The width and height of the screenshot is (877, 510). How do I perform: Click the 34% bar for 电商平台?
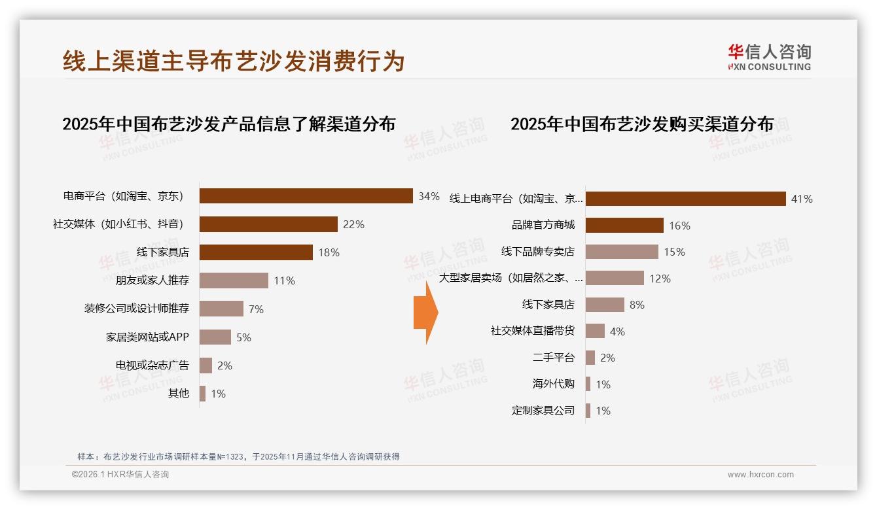306,196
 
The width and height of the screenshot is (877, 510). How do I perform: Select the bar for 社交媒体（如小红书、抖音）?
268,224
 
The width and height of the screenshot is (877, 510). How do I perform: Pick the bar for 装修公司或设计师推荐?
221,309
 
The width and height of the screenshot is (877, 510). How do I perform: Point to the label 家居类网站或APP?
147,337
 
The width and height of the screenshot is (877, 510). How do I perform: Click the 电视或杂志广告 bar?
206,365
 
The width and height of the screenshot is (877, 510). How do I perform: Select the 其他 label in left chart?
178,394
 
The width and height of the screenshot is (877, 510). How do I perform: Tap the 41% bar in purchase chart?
685,199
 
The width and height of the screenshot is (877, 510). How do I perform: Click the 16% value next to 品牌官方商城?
679,226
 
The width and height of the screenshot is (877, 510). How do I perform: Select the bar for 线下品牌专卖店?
622,252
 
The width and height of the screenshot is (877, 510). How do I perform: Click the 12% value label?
660,279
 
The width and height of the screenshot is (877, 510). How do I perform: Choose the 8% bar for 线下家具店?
605,305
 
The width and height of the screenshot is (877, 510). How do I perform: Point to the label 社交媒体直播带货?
533,331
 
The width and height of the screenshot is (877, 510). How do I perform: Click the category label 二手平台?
554,358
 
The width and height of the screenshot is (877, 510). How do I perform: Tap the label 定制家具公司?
543,411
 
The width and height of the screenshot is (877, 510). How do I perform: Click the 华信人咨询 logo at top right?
769,58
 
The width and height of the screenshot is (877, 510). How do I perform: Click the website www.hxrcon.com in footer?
761,475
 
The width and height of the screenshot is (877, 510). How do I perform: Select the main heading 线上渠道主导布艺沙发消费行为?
234,61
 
